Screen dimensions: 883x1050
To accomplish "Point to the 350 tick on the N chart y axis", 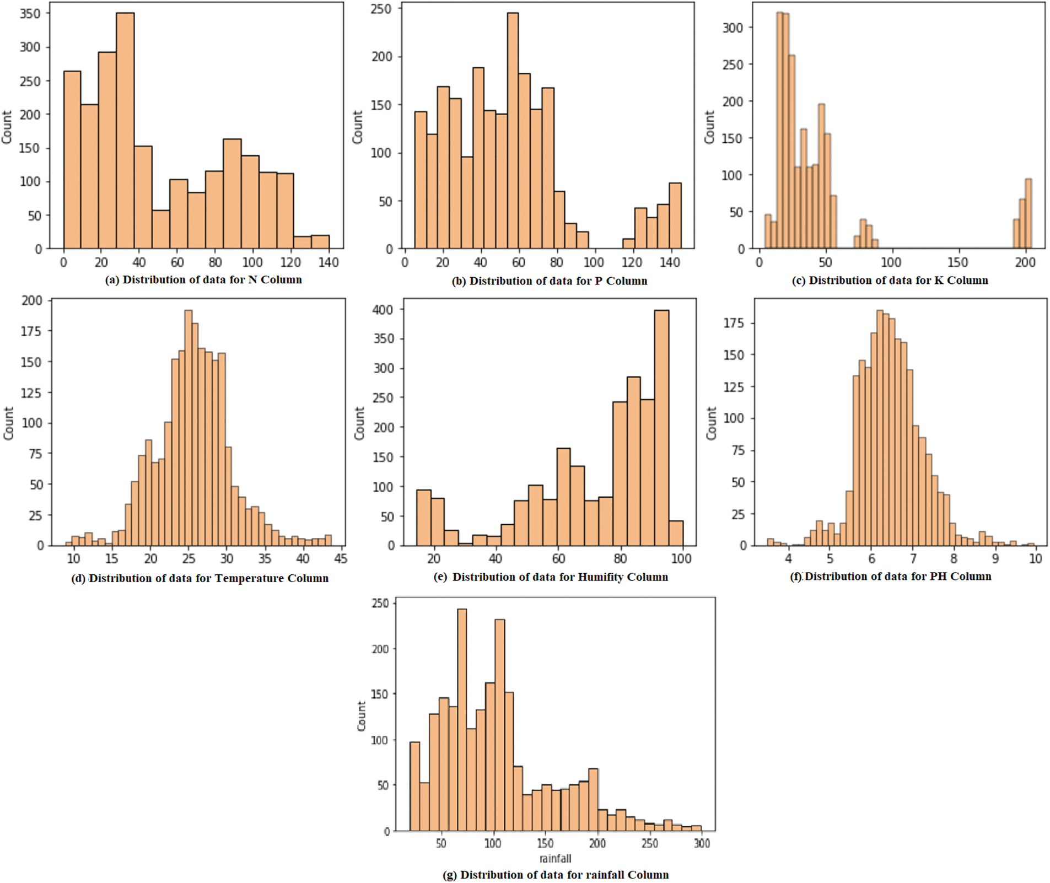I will coord(30,13).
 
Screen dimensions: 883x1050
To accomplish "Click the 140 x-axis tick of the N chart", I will coord(329,262).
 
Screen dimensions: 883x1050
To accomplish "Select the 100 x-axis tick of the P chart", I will coord(594,262).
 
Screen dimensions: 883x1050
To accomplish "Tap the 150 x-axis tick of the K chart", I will coord(958,262).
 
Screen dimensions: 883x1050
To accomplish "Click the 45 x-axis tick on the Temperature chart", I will coord(341,558).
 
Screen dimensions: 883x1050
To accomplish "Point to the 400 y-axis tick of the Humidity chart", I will coord(383,310).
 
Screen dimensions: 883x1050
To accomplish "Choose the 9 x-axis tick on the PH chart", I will coord(995,558).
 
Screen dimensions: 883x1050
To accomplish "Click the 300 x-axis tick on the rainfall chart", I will coord(702,843).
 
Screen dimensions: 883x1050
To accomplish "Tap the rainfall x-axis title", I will coord(555,858).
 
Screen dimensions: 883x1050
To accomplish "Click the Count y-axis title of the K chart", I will coord(709,127).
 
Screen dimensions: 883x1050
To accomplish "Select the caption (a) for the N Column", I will coord(203,279).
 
